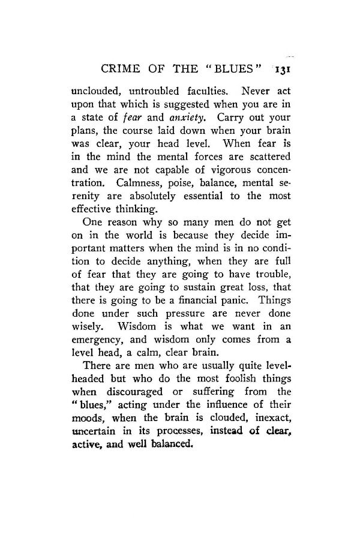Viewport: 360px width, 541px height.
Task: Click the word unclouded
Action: (95, 92)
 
